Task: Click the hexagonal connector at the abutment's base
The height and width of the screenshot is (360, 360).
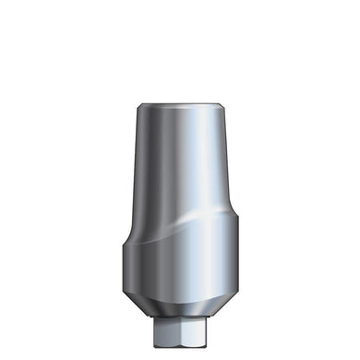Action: [x=179, y=331]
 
